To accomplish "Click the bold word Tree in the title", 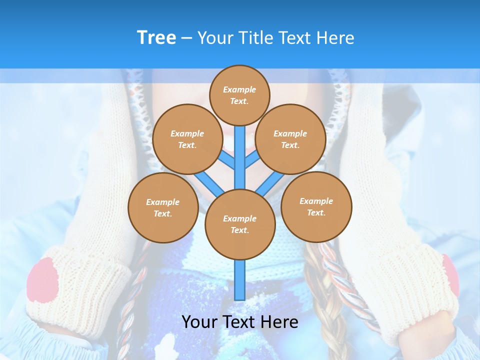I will click(156, 37).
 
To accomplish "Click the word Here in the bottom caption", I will click(279, 322).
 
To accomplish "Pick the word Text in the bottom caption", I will click(239, 322).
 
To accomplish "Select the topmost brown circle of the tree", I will click(239, 95).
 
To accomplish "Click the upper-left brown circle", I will click(187, 139).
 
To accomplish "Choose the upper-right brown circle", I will click(290, 139).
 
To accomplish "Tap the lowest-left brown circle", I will click(163, 207).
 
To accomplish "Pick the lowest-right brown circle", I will click(316, 206).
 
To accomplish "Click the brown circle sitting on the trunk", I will click(240, 224).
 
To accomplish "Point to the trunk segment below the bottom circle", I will click(240, 280).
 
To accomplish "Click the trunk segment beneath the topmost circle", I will click(240, 155).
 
